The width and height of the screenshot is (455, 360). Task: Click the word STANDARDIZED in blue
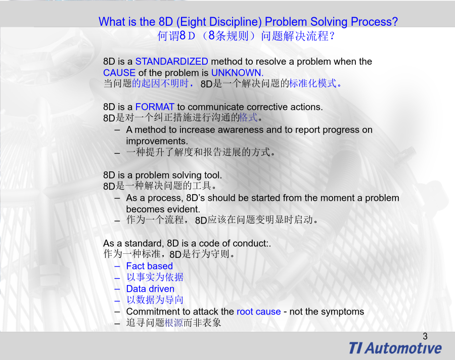(x=172, y=62)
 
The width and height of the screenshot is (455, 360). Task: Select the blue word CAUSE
(x=119, y=73)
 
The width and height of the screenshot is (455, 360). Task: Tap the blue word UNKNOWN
(x=238, y=73)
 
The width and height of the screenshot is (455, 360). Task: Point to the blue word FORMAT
(x=155, y=107)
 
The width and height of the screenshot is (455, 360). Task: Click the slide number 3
(x=425, y=336)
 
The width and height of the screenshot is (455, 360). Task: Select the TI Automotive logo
(x=395, y=348)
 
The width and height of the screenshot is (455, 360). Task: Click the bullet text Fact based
(x=150, y=266)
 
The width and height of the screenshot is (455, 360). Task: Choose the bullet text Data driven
(x=150, y=289)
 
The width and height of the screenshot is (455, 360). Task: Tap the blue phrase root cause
(x=259, y=311)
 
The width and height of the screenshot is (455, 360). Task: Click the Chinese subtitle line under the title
(x=246, y=36)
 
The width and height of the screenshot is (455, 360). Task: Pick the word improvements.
(x=157, y=142)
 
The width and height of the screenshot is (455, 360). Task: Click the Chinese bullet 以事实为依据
(x=155, y=277)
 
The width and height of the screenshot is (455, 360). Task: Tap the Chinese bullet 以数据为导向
(x=155, y=300)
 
